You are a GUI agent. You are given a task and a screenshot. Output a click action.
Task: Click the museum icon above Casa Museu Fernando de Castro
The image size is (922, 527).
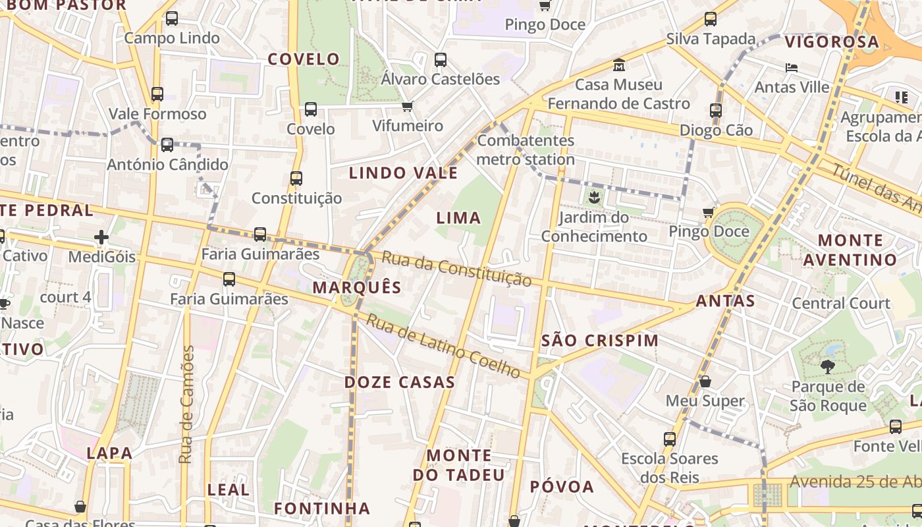(x=619, y=65)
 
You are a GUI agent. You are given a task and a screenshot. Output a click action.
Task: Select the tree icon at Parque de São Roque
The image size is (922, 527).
(x=828, y=367)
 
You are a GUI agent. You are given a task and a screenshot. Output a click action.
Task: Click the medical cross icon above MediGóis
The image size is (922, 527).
(x=101, y=237)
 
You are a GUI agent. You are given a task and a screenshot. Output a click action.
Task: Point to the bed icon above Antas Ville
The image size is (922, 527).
(x=792, y=68)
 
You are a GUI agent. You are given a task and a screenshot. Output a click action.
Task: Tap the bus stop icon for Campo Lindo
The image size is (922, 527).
(x=172, y=18)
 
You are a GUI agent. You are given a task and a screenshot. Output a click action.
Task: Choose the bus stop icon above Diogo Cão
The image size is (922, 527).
(x=716, y=111)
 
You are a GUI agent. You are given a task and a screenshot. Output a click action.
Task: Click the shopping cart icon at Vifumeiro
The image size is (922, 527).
(x=408, y=106)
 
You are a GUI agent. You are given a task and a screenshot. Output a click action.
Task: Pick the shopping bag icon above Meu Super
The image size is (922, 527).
(x=705, y=381)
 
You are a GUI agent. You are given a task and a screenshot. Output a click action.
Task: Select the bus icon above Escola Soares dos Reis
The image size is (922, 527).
(x=670, y=439)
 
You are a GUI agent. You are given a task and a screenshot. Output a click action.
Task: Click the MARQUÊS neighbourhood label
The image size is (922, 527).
(x=357, y=287)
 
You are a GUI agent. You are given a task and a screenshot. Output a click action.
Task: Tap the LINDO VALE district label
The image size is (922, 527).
(x=403, y=173)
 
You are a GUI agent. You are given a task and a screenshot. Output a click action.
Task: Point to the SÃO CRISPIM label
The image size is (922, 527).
(x=599, y=341)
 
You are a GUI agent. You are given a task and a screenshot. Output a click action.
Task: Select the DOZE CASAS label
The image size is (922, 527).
(x=400, y=382)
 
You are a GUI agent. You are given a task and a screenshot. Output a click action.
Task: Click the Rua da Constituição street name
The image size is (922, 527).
(x=456, y=269)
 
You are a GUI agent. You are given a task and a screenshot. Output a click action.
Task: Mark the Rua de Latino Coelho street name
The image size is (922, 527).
(x=444, y=346)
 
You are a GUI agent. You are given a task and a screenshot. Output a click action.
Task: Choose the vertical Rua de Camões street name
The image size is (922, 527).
(x=188, y=404)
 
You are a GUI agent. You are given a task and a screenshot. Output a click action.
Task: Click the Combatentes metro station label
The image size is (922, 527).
(x=526, y=150)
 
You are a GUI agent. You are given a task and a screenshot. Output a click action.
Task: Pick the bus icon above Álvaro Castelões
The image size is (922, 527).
(x=441, y=60)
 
